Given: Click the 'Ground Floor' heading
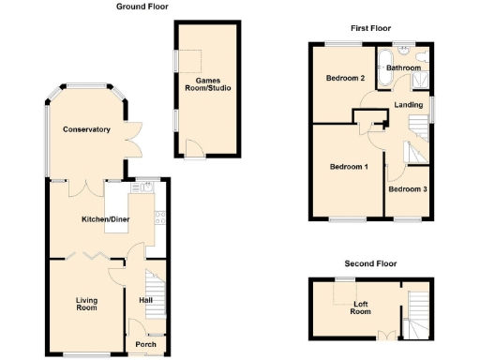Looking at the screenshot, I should (142, 7).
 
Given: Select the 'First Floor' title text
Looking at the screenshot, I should (370, 28).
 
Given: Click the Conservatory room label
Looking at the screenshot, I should (86, 129).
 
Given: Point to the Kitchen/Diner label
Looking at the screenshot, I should (105, 218).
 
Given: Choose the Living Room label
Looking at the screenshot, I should (86, 304).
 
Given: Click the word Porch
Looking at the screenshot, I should (146, 343).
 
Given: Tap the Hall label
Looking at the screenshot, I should (145, 301).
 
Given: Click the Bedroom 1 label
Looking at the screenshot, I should (348, 167).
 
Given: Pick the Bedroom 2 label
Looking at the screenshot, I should (345, 78).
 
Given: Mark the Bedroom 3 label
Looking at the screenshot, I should (408, 189).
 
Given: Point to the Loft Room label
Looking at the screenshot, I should (361, 307).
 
